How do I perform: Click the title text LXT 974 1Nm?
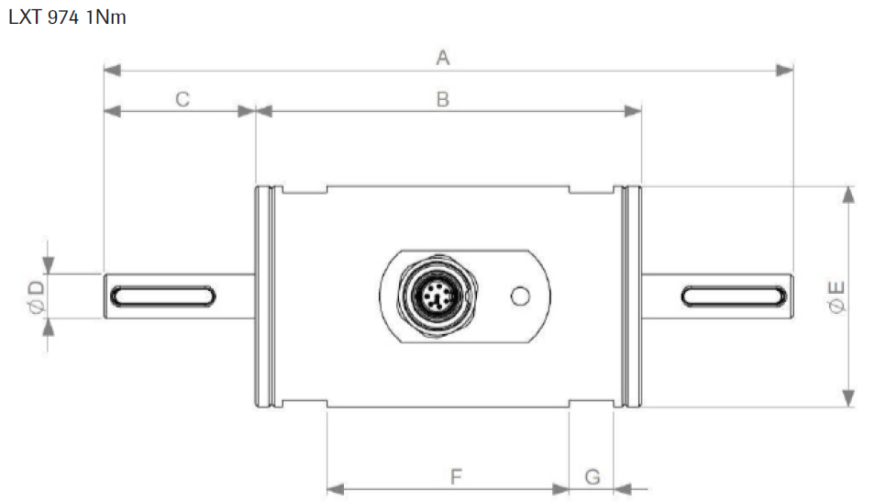66,17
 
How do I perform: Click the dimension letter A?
443,58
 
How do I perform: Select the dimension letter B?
442,99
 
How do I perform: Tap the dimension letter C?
183,99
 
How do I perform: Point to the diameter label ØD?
36,296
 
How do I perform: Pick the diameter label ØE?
836,296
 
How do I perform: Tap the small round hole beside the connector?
520,296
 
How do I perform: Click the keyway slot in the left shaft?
162,296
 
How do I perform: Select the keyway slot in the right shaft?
734,296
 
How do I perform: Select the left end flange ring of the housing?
263,296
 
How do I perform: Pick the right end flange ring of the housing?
631,296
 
